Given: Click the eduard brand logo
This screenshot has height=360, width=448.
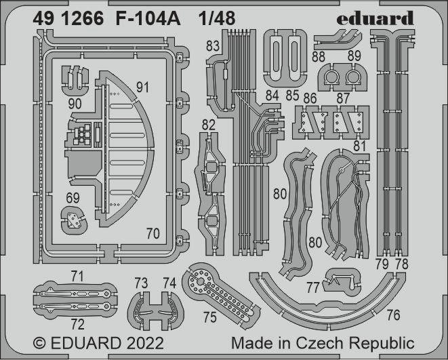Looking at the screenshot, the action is (375, 18).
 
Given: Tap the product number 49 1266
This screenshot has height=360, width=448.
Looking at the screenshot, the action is (68, 19).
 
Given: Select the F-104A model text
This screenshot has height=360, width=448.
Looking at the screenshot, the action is (148, 19).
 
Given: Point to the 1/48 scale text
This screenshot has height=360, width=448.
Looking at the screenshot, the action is (217, 19).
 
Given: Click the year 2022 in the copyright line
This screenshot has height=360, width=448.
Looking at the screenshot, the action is (145, 343).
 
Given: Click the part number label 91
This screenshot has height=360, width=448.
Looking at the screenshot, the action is (142, 87).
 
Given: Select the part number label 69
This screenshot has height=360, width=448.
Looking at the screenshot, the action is (73, 198).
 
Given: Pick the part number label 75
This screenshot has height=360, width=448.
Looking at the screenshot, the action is (210, 317).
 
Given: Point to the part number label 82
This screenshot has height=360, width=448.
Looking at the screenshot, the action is (209, 125).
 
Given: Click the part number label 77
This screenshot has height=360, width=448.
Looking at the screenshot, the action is (313, 287).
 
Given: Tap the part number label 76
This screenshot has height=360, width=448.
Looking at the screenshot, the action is (393, 315).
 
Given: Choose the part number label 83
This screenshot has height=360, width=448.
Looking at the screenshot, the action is (213, 46).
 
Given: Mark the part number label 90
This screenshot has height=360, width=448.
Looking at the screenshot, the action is (75, 104).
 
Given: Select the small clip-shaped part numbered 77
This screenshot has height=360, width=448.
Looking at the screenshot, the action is (342, 279).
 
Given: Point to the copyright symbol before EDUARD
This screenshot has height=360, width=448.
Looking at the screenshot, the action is (40, 343).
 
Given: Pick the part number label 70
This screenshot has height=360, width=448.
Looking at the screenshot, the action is (153, 234).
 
